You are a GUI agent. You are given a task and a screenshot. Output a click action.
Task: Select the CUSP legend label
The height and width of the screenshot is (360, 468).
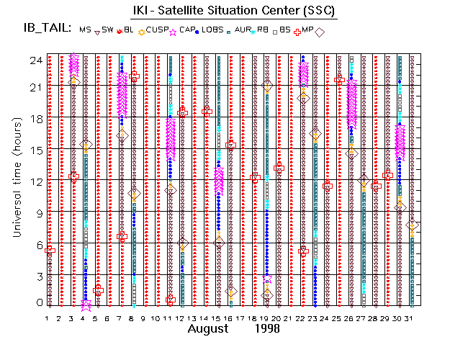pos(157,30)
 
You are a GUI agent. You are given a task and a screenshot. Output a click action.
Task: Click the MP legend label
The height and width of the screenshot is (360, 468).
pos(307,30)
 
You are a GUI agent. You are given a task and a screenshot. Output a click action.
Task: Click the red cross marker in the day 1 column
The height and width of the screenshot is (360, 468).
pos(50,250)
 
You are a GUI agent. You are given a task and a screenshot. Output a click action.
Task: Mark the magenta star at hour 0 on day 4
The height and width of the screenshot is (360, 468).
pos(86,304)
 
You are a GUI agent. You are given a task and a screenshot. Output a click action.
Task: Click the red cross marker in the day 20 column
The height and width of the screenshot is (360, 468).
pos(279,167)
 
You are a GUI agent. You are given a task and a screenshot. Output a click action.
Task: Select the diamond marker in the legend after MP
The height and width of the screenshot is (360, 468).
pos(320,31)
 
